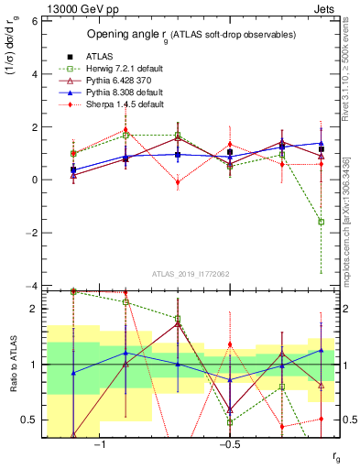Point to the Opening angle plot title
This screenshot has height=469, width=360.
pyautogui.click(x=191, y=34)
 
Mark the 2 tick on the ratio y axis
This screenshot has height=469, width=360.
pyautogui.click(x=34, y=309)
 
